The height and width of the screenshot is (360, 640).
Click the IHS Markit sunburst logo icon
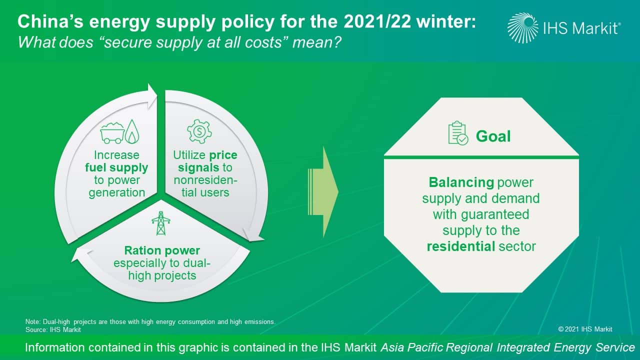(523, 28)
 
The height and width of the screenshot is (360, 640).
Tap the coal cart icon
(112, 133)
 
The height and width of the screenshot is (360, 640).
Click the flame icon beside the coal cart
(132, 131)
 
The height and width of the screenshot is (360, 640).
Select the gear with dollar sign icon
(199, 131)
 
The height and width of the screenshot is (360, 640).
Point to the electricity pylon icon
(161, 223)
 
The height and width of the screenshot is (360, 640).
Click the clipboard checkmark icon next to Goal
(458, 133)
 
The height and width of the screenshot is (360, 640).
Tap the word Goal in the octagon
(493, 136)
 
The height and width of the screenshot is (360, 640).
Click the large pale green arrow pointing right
(323, 192)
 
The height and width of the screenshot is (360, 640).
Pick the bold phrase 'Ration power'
(162, 250)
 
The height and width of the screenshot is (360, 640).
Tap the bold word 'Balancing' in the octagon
(461, 182)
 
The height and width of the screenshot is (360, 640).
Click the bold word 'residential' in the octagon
(461, 246)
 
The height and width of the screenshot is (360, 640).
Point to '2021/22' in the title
(377, 21)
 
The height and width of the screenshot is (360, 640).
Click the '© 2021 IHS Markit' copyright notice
(585, 329)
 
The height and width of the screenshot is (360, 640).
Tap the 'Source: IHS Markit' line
(53, 329)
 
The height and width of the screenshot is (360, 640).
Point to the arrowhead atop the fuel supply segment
(151, 96)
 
